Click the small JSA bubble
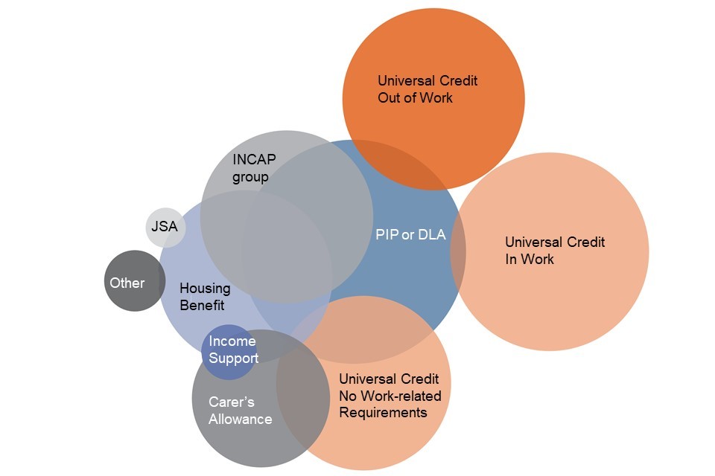pyautogui.click(x=165, y=226)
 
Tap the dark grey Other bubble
pyautogui.click(x=133, y=281)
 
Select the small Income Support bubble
pyautogui.click(x=231, y=350)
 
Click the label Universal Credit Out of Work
pyautogui.click(x=427, y=89)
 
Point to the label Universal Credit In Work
pyautogui.click(x=554, y=251)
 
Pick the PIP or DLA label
pyautogui.click(x=410, y=235)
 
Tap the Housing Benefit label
pyautogui.click(x=205, y=297)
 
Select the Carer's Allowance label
pyautogui.click(x=240, y=411)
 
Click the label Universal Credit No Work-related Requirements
pyautogui.click(x=390, y=396)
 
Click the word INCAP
pyautogui.click(x=253, y=160)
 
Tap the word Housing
pyautogui.click(x=205, y=289)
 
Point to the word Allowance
pyautogui.click(x=240, y=419)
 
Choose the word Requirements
pyautogui.click(x=383, y=412)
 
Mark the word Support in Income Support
pyautogui.click(x=233, y=358)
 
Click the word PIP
pyautogui.click(x=386, y=235)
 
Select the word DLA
pyautogui.click(x=431, y=235)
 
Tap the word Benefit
pyautogui.click(x=202, y=305)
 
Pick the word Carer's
pyautogui.click(x=231, y=402)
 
